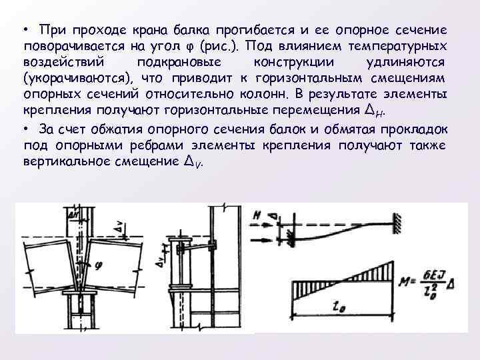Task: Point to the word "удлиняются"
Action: point(411,63)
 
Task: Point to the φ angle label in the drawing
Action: point(99,265)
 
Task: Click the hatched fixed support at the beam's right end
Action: point(398,227)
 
